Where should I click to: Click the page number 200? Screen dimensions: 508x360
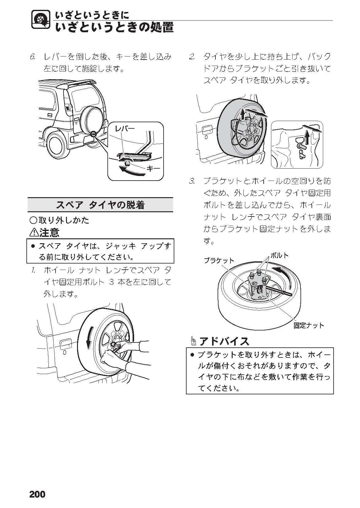coord(37,494)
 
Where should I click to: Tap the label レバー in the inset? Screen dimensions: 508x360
coord(125,128)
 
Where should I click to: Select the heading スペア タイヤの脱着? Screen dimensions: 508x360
coord(100,205)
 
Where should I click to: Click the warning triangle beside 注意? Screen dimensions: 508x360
coord(33,233)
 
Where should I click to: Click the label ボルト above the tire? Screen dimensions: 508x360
coord(279,255)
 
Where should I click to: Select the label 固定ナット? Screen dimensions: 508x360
coord(308,326)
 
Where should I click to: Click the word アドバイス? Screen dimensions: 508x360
coord(224,341)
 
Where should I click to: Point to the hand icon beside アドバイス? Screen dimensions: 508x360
coord(193,341)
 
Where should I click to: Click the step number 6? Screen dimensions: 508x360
coord(33,57)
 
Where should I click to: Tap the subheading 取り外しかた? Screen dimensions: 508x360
coord(63,220)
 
